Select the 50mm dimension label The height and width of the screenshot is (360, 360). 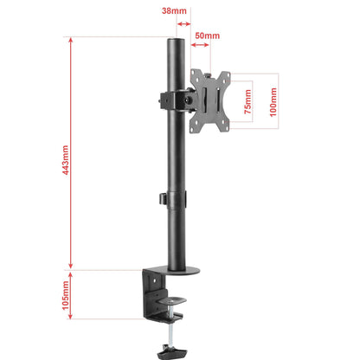207,35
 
